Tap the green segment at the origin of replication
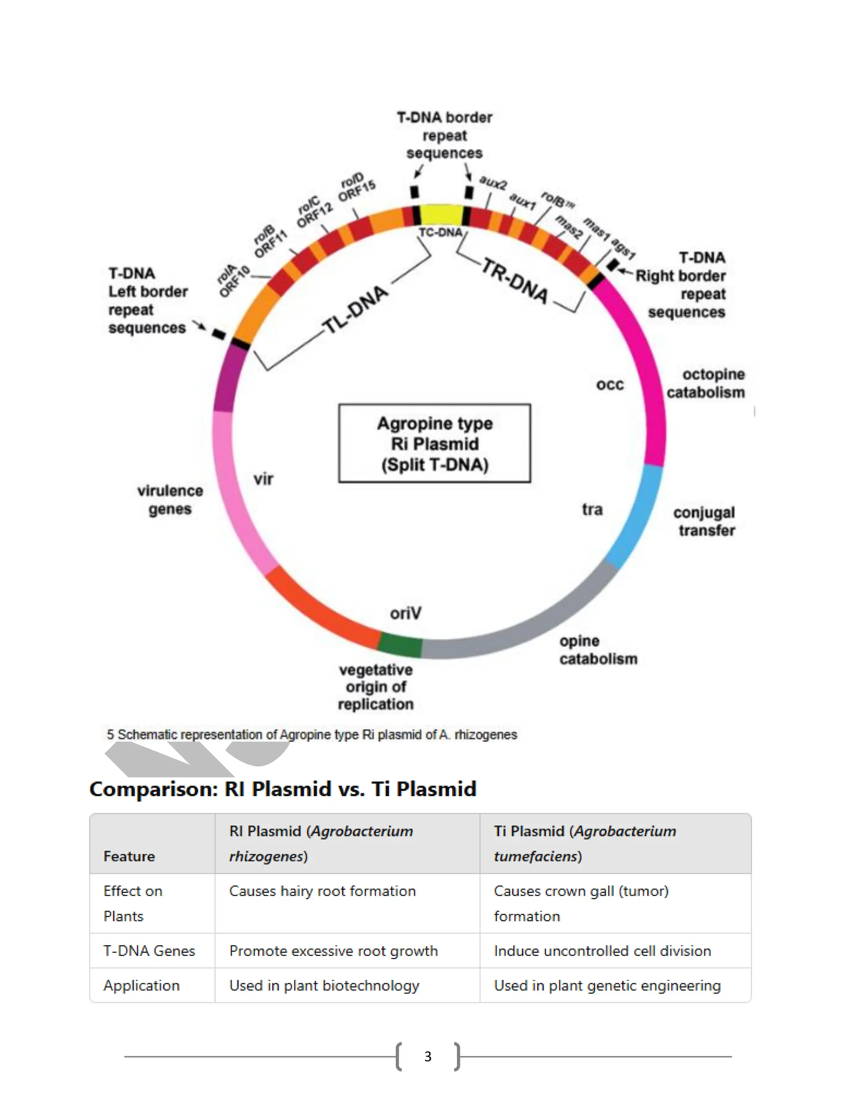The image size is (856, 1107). pyautogui.click(x=400, y=645)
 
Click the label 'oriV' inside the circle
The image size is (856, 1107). pyautogui.click(x=405, y=613)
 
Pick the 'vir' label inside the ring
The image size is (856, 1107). pyautogui.click(x=263, y=479)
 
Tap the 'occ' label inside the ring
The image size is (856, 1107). pyautogui.click(x=609, y=385)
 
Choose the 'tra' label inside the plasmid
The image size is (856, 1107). pyautogui.click(x=592, y=509)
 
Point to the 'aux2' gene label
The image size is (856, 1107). pyautogui.click(x=493, y=183)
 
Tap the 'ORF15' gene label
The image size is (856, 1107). pyautogui.click(x=357, y=190)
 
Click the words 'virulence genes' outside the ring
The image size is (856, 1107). pyautogui.click(x=170, y=500)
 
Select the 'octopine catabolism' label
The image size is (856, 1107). pyautogui.click(x=706, y=383)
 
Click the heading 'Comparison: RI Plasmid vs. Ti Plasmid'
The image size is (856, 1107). pyautogui.click(x=283, y=789)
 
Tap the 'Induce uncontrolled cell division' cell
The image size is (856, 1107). pyautogui.click(x=602, y=951)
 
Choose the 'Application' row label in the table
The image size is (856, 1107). pyautogui.click(x=142, y=985)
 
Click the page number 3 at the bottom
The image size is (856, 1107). pyautogui.click(x=428, y=1056)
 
